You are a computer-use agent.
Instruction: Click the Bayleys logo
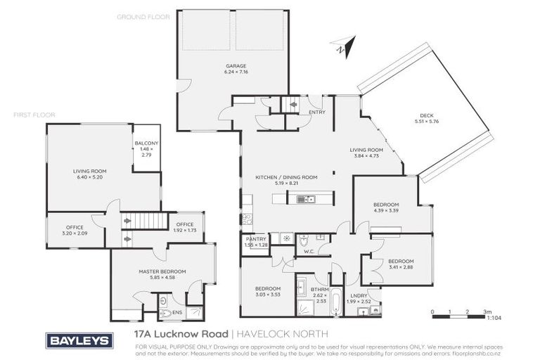[79, 340]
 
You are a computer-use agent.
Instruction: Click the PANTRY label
[256, 239]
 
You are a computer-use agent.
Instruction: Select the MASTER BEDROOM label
[162, 271]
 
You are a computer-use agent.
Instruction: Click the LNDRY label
[360, 295]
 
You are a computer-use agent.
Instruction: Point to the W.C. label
[307, 250]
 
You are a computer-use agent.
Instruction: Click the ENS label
[177, 313]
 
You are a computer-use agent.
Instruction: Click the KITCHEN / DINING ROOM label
[292, 177]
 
